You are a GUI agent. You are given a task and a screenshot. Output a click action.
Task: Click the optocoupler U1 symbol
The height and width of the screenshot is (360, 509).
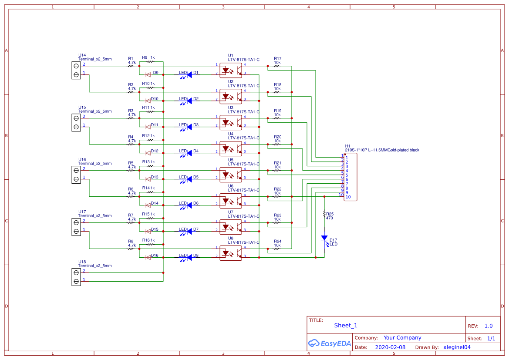231,70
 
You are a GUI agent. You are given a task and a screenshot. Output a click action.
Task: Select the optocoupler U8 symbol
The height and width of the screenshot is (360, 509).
231,253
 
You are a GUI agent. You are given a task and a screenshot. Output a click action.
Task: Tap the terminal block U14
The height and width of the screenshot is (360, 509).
76,70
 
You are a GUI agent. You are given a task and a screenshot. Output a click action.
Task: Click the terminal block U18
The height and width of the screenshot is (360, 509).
76,277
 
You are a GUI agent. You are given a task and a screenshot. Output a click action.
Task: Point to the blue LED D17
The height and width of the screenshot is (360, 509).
324,238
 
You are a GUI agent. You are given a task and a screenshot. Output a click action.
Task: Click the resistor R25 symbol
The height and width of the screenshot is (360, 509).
324,214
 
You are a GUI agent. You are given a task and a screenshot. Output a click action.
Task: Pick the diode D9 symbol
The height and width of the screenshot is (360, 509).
148,74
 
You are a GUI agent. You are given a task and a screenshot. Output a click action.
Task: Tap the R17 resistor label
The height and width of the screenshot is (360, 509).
277,59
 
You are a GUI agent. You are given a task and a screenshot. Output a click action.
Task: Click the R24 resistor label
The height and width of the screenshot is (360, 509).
277,242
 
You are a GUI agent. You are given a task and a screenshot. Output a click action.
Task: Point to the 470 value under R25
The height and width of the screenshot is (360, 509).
329,218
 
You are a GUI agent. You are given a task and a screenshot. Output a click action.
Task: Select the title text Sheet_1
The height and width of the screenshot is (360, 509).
346,325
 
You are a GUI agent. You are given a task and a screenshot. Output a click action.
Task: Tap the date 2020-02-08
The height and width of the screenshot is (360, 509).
390,347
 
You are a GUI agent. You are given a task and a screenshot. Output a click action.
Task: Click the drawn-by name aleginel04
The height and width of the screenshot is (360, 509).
456,347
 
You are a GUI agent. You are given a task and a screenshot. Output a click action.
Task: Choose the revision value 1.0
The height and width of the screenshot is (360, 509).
488,326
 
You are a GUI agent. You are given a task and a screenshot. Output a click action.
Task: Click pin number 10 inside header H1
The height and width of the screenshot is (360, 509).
348,197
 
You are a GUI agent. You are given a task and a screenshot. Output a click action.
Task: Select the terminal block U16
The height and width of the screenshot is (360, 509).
76,175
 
